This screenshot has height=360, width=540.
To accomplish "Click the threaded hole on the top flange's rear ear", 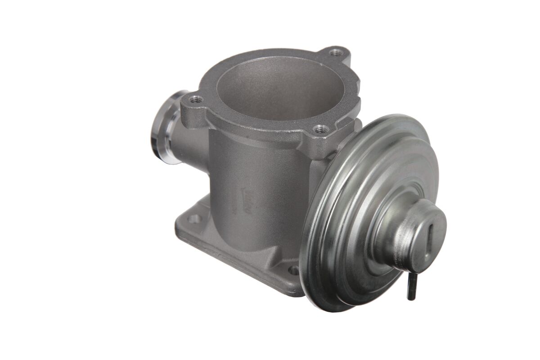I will (334, 53).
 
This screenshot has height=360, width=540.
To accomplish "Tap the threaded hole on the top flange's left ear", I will (196, 99).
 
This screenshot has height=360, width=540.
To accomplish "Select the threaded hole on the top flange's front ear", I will (320, 130).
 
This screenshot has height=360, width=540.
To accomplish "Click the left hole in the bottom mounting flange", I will (194, 219).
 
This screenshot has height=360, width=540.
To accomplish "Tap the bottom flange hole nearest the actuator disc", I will (293, 270).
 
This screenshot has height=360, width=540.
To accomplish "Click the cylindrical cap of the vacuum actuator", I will (412, 236).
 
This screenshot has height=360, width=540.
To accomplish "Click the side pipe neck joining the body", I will (189, 144).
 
